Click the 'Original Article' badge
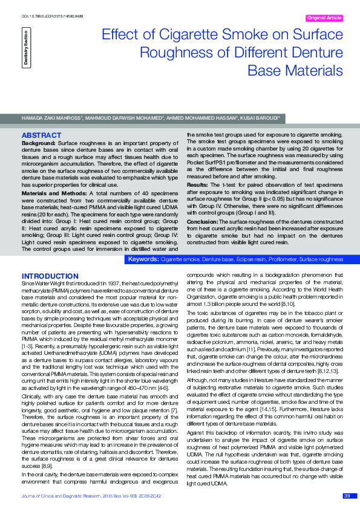coord(325,18)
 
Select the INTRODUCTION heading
coord(47,276)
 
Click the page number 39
coord(347,496)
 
